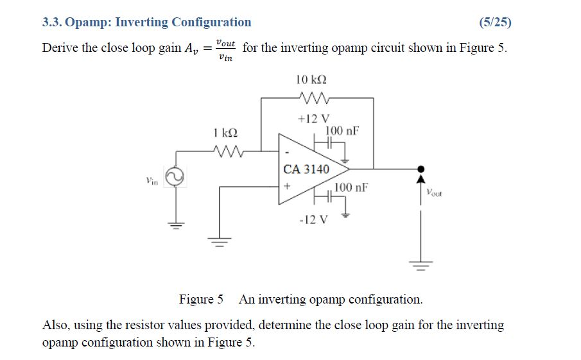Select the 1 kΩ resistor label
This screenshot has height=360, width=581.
point(225,133)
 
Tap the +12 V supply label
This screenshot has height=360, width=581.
point(313,119)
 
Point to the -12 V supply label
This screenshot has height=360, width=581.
point(313,219)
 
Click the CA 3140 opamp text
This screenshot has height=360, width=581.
point(306,169)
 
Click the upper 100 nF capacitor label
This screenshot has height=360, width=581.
point(342,131)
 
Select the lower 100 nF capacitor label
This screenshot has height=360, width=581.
point(351,187)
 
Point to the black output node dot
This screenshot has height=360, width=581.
point(421,169)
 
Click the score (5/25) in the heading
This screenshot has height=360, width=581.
point(495,22)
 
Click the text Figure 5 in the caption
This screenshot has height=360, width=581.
point(201,299)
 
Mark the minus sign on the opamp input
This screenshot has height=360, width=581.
point(286,153)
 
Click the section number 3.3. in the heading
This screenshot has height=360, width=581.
point(53,22)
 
